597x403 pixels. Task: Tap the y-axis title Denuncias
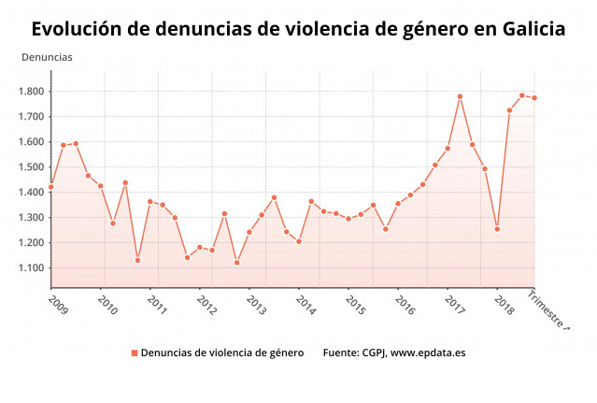click(x=47, y=57)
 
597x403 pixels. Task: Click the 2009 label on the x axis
click(x=57, y=305)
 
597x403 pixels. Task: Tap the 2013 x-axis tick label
click(x=255, y=305)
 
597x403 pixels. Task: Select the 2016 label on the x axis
click(x=404, y=305)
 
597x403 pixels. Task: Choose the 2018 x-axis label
click(x=503, y=305)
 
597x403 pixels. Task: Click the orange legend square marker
click(x=135, y=353)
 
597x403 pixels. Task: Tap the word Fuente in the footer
click(x=343, y=353)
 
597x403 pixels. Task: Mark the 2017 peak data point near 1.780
click(x=460, y=96)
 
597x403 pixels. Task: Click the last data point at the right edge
click(x=534, y=98)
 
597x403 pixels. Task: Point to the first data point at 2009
click(x=51, y=187)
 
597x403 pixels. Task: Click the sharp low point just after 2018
click(x=497, y=229)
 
